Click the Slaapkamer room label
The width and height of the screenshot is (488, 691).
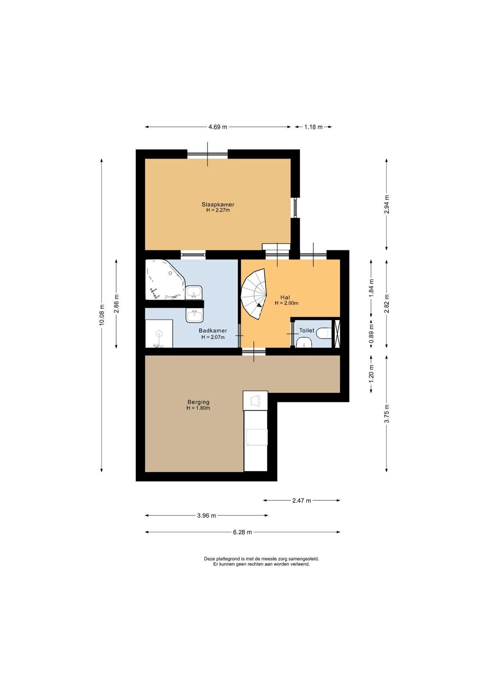click(x=218, y=205)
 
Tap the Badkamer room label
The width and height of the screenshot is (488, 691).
click(x=213, y=331)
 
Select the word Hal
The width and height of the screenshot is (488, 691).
click(x=285, y=298)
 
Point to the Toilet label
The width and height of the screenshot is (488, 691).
click(x=307, y=330)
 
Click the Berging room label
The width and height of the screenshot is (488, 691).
click(x=198, y=402)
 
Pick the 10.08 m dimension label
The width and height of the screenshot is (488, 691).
click(x=102, y=315)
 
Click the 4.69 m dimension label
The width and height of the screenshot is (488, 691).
click(x=218, y=127)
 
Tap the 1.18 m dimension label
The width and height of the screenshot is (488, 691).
click(x=313, y=127)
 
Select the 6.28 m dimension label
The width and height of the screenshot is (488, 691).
click(x=243, y=532)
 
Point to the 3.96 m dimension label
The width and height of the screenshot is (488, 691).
click(x=207, y=515)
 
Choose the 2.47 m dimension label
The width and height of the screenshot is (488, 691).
click(x=301, y=500)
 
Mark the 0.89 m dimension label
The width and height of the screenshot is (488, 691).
click(x=372, y=333)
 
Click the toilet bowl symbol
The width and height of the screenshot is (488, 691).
click(x=324, y=334)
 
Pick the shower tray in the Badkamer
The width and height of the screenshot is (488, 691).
click(x=159, y=334)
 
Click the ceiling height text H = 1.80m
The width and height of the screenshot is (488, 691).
click(x=198, y=408)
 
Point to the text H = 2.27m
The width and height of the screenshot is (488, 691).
click(x=218, y=210)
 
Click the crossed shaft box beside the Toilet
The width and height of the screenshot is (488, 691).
click(x=337, y=333)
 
